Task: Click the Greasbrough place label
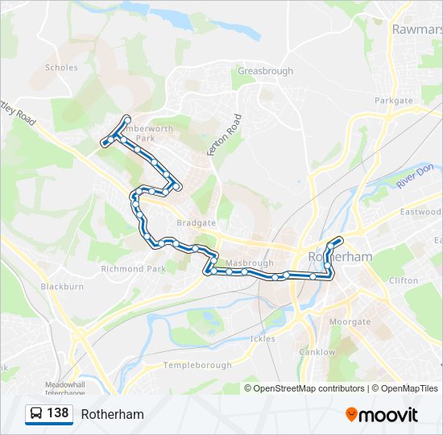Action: pyautogui.click(x=264, y=72)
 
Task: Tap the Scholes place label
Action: pyautogui.click(x=62, y=68)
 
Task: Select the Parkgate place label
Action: pyautogui.click(x=393, y=101)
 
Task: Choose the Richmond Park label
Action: pyautogui.click(x=134, y=269)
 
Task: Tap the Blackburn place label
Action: pyautogui.click(x=62, y=287)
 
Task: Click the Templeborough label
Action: pyautogui.click(x=197, y=366)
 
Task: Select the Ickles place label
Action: pyautogui.click(x=263, y=339)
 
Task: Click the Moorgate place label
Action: pyautogui.click(x=350, y=322)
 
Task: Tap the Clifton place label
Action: pyautogui.click(x=404, y=281)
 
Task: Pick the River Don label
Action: pyautogui.click(x=415, y=177)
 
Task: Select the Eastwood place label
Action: pyautogui.click(x=420, y=213)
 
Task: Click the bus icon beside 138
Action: pyautogui.click(x=36, y=414)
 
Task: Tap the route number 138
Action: pyautogui.click(x=57, y=413)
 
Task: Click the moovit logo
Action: pyautogui.click(x=382, y=415)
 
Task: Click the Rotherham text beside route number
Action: pyautogui.click(x=112, y=414)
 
